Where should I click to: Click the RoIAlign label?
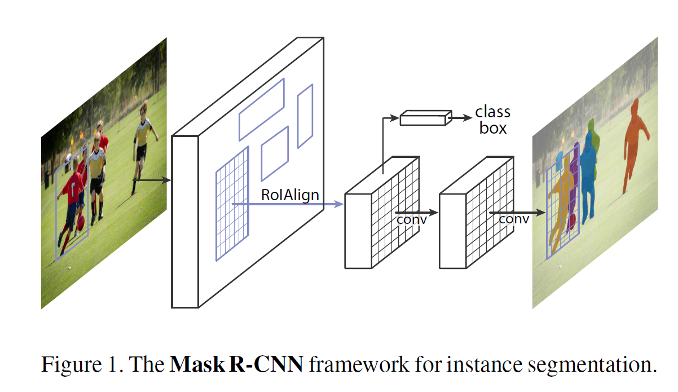pos(290,195)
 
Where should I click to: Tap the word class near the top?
pos(492,111)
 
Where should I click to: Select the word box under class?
pos(493,128)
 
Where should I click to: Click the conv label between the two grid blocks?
pos(411,219)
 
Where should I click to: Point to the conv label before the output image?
pos(513,219)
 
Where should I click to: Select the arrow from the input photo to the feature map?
pos(152,180)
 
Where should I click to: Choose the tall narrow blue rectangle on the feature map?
pos(305,116)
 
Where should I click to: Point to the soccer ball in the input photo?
pos(81,223)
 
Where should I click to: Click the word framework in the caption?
pos(356,365)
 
